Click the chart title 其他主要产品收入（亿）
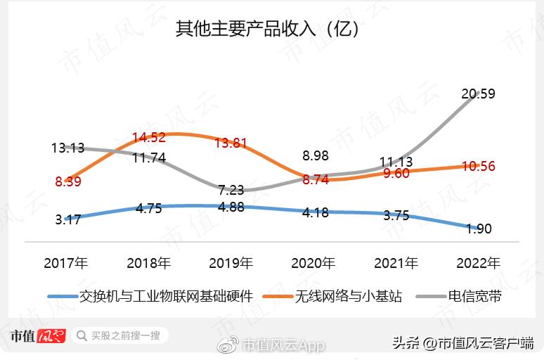[x=268, y=30]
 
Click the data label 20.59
[x=479, y=94]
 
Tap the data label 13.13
[x=67, y=148]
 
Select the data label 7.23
[x=232, y=191]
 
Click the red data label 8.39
[x=67, y=181]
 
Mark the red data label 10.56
[x=478, y=167]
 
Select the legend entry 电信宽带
[x=475, y=296]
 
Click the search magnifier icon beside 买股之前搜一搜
[x=82, y=336]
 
